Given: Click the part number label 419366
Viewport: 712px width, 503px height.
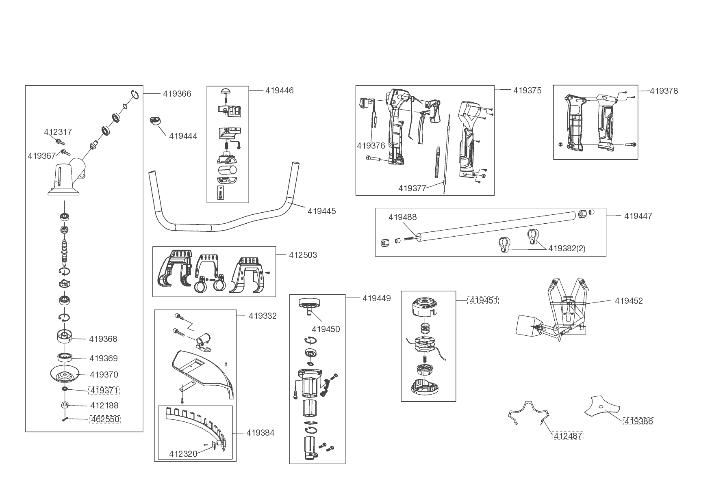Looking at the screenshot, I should pos(177,94).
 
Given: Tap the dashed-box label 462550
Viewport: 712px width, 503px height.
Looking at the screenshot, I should pos(105,419).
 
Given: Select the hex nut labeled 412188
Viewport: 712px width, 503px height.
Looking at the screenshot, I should pos(64,405).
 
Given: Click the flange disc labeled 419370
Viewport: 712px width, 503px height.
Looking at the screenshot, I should pos(64,374).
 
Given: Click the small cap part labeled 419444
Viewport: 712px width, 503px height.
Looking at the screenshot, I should pos(155,121).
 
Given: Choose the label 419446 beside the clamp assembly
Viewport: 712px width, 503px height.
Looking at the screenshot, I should pos(279,91).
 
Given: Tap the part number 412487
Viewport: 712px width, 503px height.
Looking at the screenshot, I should pos(568,436).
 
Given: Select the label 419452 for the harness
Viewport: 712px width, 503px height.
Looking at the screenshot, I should pos(629,301).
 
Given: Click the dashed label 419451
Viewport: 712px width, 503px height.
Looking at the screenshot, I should pos(483,301).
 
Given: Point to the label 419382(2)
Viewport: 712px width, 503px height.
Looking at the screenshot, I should pos(567,248).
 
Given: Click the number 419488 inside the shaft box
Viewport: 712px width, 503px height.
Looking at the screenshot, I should pos(402,217).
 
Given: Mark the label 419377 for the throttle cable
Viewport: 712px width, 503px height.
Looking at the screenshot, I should pos(412,188).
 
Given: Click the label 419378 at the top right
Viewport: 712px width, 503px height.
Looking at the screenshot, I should pos(664,91).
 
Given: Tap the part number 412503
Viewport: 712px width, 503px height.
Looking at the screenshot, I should pos(303,255).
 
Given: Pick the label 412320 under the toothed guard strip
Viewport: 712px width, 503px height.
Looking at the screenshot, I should pos(183,454).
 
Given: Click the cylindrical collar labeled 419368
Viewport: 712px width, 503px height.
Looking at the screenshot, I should pos(64,336).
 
